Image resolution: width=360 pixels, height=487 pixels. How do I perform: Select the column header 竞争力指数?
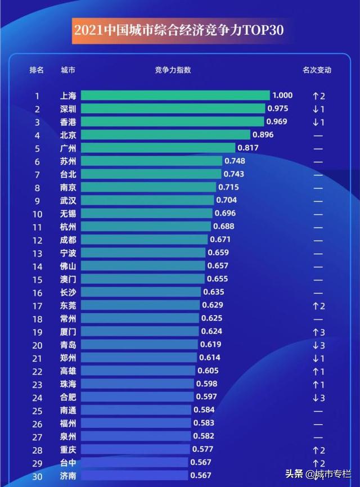[x=173, y=70]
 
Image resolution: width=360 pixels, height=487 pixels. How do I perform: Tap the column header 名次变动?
[x=317, y=70]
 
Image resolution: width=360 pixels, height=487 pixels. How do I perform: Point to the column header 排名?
[x=37, y=70]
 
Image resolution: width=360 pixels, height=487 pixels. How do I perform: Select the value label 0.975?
[x=278, y=109]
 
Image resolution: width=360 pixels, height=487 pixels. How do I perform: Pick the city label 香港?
[x=68, y=122]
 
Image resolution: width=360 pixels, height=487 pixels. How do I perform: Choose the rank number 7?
[x=37, y=174]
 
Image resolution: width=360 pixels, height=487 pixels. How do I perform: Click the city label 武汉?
[x=68, y=200]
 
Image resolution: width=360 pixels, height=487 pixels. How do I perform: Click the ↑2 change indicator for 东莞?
[x=318, y=306]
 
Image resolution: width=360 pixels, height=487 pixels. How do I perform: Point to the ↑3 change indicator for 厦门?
[x=318, y=332]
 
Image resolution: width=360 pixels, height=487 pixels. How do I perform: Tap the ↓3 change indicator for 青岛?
[x=318, y=345]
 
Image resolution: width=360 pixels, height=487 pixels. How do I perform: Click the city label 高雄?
[x=68, y=371]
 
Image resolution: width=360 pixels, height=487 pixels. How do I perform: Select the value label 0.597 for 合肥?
[x=206, y=398]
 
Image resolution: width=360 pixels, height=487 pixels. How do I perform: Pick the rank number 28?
[x=37, y=449]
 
